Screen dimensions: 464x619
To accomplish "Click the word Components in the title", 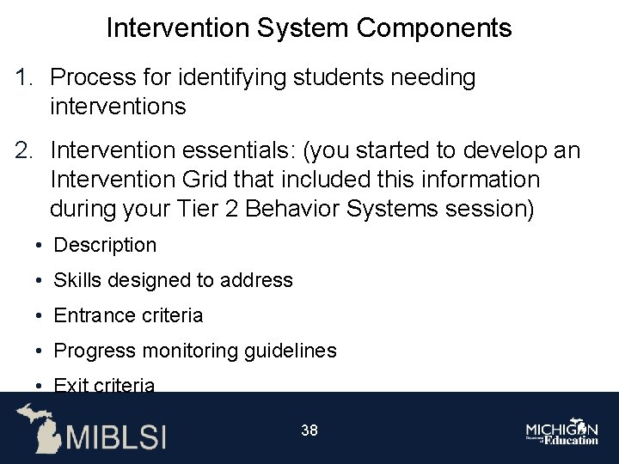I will [x=434, y=28].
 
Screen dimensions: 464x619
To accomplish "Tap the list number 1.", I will [x=23, y=77].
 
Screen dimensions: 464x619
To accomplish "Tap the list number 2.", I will [x=23, y=151].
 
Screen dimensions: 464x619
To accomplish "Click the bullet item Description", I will [x=105, y=246].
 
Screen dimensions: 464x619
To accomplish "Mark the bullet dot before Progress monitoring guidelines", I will [x=40, y=351].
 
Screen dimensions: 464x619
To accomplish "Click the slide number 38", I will [x=309, y=430].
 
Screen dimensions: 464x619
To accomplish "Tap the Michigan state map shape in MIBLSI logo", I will [x=40, y=427].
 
